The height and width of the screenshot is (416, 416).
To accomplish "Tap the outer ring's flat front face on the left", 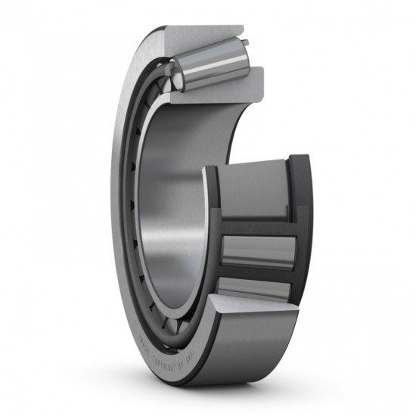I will (124, 189).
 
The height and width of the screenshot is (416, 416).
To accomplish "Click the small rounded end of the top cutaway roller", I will (173, 76).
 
